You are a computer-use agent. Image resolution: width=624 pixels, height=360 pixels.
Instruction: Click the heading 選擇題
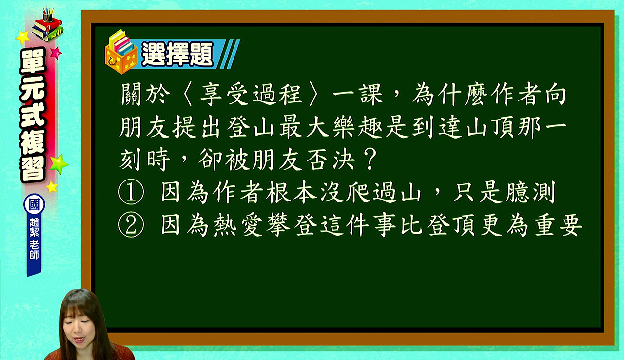click(177, 54)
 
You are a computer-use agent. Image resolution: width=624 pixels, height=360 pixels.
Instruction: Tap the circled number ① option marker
click(131, 192)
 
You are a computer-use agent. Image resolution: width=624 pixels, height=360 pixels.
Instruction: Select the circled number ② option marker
click(131, 225)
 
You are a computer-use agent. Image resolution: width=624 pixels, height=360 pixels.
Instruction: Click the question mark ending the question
click(370, 159)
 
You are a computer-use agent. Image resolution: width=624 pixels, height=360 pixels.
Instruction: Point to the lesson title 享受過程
click(251, 95)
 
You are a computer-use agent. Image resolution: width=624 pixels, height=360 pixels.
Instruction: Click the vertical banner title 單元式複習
click(33, 115)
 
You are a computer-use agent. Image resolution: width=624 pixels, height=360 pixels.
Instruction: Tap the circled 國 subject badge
click(34, 204)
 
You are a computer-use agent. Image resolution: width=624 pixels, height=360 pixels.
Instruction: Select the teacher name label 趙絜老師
click(34, 238)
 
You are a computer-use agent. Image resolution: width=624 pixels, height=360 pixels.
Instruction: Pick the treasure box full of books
click(121, 52)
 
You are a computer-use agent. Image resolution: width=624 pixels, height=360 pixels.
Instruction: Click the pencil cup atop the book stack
click(48, 15)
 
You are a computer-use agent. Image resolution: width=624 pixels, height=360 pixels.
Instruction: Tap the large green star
click(58, 164)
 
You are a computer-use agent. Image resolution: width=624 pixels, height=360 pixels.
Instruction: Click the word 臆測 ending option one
click(530, 192)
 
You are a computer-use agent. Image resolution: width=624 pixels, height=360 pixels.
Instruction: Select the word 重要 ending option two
click(558, 225)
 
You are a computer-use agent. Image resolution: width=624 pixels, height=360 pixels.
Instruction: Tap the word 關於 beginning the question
click(145, 95)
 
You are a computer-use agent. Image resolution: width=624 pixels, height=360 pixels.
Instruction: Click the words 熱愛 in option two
click(238, 225)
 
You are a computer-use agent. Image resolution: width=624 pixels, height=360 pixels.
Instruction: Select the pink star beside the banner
click(56, 53)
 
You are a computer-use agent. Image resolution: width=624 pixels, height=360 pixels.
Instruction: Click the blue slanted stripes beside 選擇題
click(230, 54)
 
